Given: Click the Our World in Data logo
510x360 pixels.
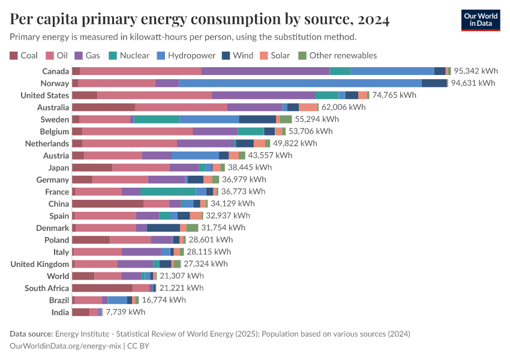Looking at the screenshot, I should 480,20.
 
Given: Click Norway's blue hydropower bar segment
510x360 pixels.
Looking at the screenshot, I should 300,83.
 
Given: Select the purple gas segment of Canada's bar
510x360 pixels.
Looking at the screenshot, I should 265,71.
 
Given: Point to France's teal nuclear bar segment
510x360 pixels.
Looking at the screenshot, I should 168,192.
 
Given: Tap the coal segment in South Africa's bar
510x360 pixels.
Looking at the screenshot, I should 102,288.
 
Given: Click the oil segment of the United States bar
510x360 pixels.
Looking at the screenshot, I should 154,95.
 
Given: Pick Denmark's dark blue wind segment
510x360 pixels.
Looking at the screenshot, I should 163,228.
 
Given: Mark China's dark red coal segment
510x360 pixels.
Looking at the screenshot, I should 107,204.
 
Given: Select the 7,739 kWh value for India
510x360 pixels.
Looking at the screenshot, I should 125,312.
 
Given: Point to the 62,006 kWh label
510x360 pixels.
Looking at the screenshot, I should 343,107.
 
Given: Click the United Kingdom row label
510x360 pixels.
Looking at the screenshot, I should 40,264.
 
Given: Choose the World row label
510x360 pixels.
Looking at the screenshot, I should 58,276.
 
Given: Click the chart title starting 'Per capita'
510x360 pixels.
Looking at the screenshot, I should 200,20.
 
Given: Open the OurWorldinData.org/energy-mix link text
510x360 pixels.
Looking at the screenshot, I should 65,346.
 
